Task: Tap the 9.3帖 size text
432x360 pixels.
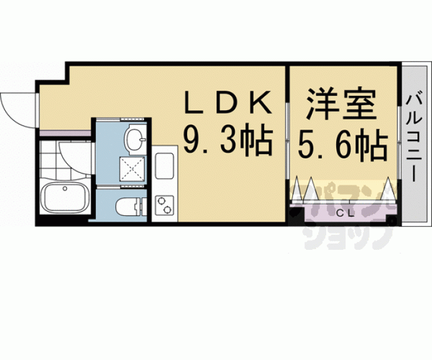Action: tap(228, 141)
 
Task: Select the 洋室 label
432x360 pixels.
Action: tap(341, 102)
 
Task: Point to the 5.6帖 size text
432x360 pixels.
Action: tap(342, 145)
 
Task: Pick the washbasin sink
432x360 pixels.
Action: tap(134, 140)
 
